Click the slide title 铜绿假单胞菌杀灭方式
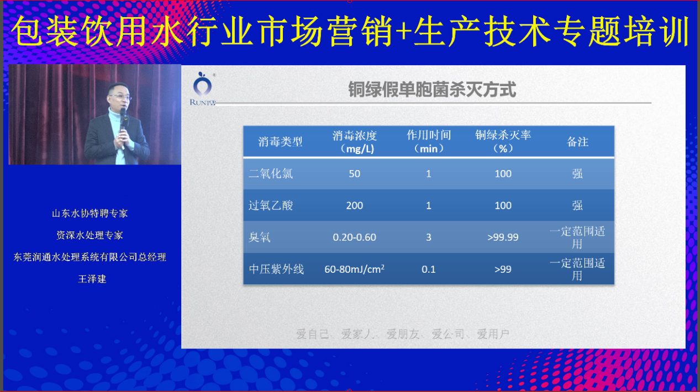pos(431,89)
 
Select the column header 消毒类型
pos(280,142)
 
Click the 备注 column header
pos(577,142)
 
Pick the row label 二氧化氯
pos(271,174)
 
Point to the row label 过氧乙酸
pos(271,205)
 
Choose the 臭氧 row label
pos(260,237)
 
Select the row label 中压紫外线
pos(276,269)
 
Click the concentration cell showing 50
pos(354,174)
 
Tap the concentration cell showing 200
pos(354,205)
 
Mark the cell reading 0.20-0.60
pos(354,237)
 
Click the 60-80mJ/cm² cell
pos(354,269)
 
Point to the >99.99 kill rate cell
pos(503,237)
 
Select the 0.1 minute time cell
pos(428,269)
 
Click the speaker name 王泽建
pos(92,279)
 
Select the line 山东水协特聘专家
pos(90,213)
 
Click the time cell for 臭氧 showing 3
pos(428,237)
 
